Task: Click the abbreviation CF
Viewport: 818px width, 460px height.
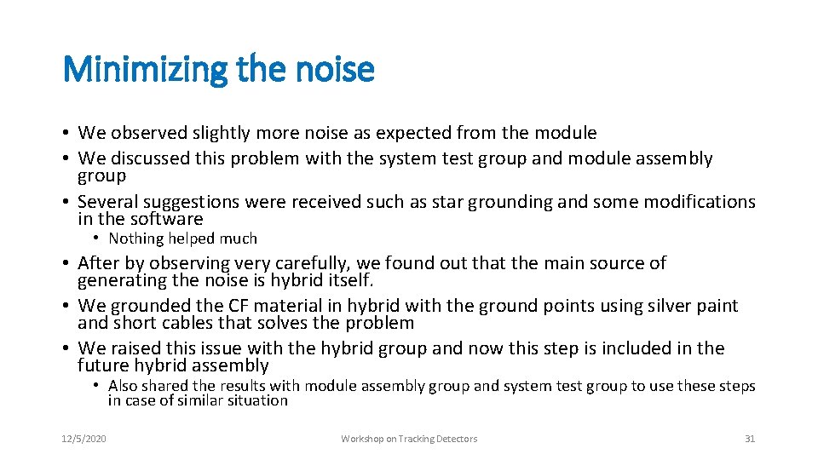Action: coord(239,306)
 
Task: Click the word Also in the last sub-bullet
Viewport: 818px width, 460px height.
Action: coord(124,386)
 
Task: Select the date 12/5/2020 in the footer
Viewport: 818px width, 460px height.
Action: coord(84,439)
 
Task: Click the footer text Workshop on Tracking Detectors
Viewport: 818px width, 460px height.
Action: coord(409,439)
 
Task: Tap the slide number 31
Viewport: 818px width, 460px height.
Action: coord(750,439)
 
